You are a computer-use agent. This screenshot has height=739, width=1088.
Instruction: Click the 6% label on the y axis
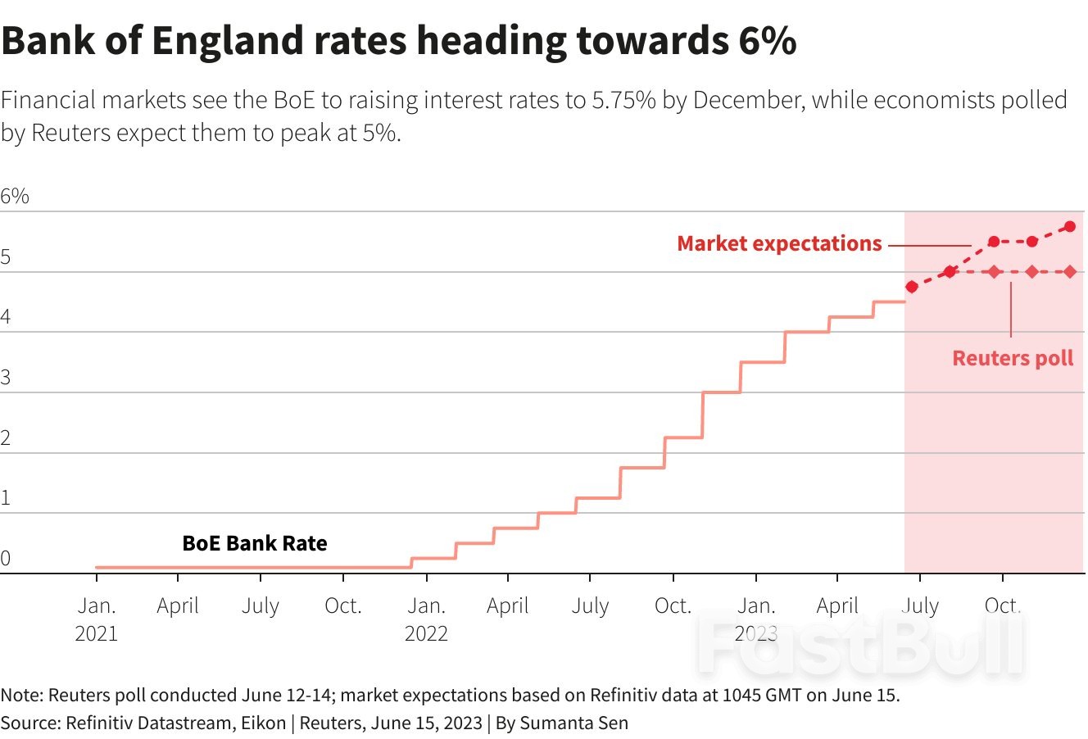[x=15, y=197]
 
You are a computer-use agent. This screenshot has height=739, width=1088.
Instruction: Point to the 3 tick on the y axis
[x=6, y=378]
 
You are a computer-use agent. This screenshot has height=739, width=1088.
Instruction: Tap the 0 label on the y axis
[x=6, y=559]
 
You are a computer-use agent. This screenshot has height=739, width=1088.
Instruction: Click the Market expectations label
[x=779, y=244]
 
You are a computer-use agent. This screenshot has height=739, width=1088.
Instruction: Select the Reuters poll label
[x=1013, y=358]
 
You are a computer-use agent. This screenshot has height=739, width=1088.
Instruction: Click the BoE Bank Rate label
[x=254, y=543]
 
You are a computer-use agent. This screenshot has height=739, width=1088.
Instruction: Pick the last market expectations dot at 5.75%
[x=1070, y=226]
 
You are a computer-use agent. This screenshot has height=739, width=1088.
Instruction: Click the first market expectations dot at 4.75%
[x=912, y=287]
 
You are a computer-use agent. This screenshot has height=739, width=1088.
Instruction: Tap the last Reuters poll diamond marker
[x=1070, y=272]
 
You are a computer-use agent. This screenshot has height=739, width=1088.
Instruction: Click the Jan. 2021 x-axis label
[x=97, y=619]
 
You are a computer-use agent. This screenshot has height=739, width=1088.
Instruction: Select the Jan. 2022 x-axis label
[x=426, y=619]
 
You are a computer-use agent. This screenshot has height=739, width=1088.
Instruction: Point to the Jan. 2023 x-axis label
[x=755, y=619]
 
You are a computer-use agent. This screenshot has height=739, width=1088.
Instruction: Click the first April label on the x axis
[x=178, y=606]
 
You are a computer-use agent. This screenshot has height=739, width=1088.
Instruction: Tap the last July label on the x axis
[x=920, y=606]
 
